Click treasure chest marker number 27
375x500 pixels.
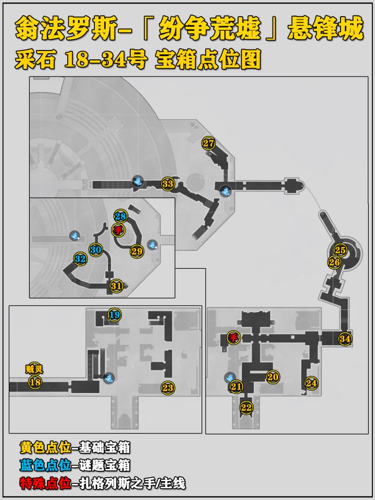208,143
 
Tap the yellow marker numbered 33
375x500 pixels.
168,184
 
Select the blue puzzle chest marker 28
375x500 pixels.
120,217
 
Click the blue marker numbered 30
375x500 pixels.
96,250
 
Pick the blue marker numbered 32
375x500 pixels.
80,259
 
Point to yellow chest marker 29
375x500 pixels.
137,251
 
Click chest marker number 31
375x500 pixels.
116,286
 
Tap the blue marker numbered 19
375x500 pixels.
115,315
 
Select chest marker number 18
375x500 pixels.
35,382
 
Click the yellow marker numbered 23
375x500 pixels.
168,387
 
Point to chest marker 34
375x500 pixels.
345,339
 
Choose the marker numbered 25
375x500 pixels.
340,250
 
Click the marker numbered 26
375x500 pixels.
334,262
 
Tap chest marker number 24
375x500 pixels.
311,383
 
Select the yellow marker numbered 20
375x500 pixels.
272,377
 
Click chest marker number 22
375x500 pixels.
246,407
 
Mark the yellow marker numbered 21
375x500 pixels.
236,387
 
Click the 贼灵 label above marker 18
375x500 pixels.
34,369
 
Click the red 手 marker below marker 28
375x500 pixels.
118,230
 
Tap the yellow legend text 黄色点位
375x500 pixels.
45,447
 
